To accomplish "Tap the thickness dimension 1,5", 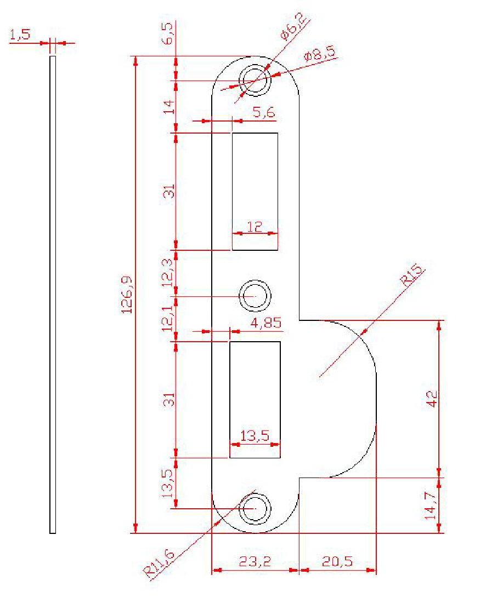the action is (x=20, y=36).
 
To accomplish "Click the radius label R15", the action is (x=414, y=275).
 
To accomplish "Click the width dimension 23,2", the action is (x=255, y=562).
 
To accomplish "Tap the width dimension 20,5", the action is (x=338, y=562).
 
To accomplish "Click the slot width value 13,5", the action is (x=255, y=436).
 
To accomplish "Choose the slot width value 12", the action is (x=255, y=226).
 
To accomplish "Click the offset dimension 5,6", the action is (x=263, y=112).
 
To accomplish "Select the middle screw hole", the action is (x=255, y=296).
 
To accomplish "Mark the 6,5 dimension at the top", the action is (x=169, y=33).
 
